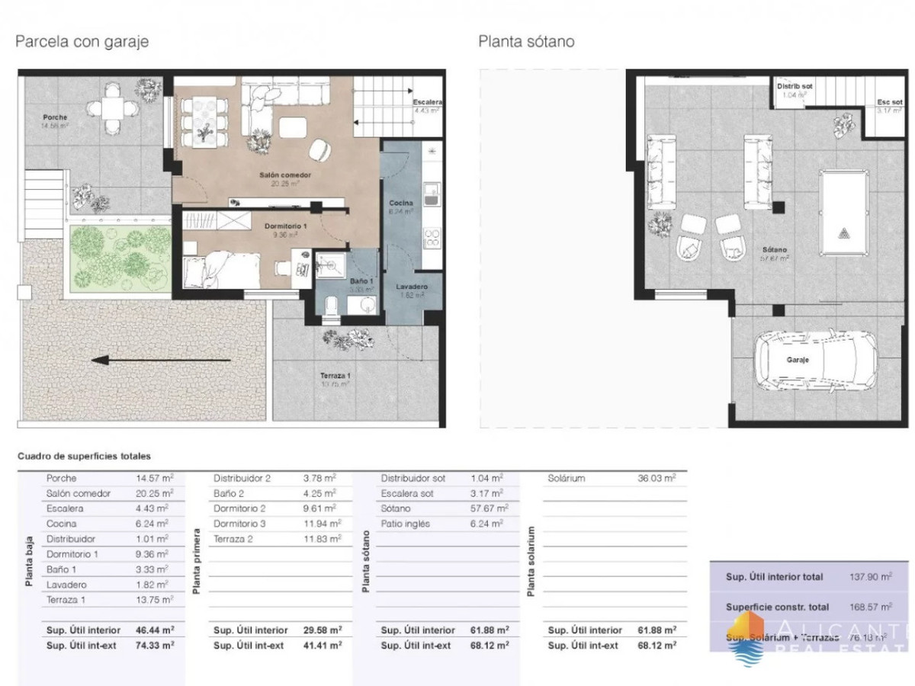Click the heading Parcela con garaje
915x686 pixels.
(82, 42)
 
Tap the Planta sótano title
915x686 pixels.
(526, 42)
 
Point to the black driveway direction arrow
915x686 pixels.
(160, 360)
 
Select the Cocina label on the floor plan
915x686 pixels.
(401, 203)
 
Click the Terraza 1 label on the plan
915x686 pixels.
(335, 376)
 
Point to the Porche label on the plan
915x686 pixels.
(55, 117)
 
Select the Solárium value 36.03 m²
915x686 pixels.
(656, 478)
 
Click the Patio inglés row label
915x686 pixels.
(406, 524)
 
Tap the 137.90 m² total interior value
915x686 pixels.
(870, 577)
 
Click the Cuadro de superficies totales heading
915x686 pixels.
(84, 456)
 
